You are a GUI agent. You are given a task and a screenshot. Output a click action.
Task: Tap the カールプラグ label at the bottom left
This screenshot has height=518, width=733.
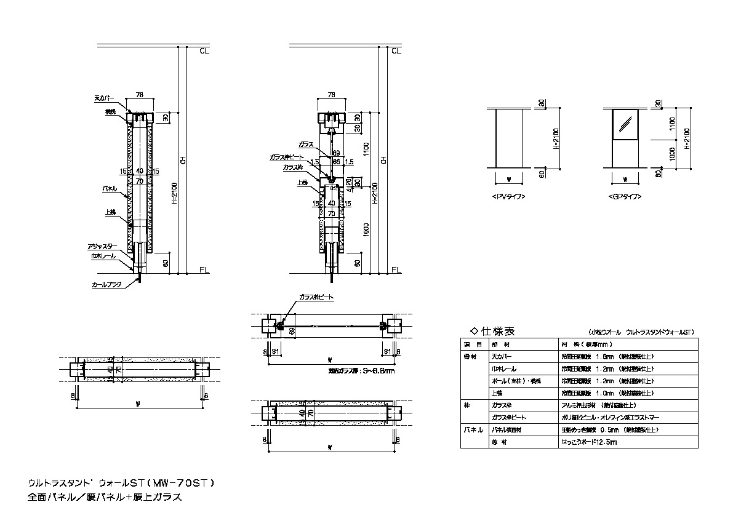[x=106, y=285]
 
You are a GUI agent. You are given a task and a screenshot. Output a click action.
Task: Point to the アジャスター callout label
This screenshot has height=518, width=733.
[x=102, y=246]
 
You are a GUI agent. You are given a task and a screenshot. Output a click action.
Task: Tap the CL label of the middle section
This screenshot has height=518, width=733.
[x=396, y=51]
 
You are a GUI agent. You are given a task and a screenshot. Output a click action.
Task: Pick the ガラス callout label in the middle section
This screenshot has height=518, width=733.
[x=306, y=143]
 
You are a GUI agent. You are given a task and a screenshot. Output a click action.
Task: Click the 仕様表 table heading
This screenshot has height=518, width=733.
[x=492, y=330]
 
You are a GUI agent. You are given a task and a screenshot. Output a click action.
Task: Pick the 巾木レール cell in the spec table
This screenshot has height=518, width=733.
[x=504, y=369]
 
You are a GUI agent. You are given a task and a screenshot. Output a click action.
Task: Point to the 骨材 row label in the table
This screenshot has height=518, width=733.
[x=470, y=356]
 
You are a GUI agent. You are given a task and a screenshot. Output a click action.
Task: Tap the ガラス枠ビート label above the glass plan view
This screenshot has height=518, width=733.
[x=316, y=297]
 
